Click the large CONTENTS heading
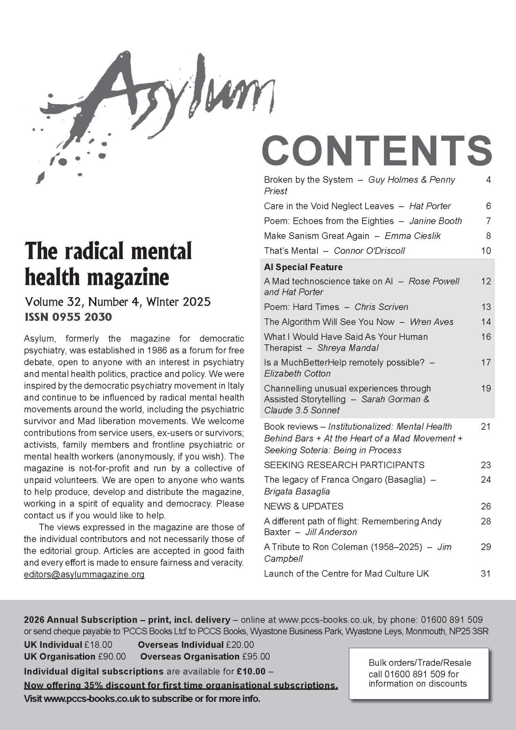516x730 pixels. (377, 150)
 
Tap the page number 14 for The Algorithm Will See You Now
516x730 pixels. (486, 322)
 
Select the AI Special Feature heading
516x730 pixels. (303, 267)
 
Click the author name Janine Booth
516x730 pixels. (435, 221)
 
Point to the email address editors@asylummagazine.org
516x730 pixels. (84, 574)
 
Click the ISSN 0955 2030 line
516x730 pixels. (68, 317)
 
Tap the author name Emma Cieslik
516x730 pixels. (412, 236)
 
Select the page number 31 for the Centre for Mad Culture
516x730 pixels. (485, 574)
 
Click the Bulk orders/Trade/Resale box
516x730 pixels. (419, 673)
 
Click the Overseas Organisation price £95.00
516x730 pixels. (256, 657)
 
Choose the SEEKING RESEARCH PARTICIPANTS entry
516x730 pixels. (344, 465)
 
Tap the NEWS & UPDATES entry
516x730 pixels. (303, 506)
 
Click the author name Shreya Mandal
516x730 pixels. (347, 348)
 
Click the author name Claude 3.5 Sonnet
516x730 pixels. (301, 410)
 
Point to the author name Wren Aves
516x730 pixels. (431, 322)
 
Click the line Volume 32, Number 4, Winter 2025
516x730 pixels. (118, 302)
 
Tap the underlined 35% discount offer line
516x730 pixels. (181, 685)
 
